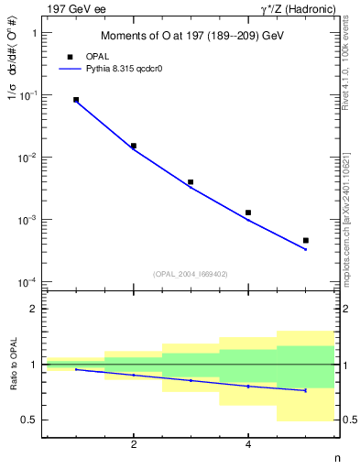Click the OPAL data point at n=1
tap(76, 100)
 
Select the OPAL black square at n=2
tap(134, 146)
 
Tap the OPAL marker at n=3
tap(191, 182)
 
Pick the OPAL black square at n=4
tap(248, 213)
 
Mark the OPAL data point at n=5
tap(305, 240)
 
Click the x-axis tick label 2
tap(134, 444)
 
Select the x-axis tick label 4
tap(248, 444)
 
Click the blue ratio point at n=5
tap(305, 390)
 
